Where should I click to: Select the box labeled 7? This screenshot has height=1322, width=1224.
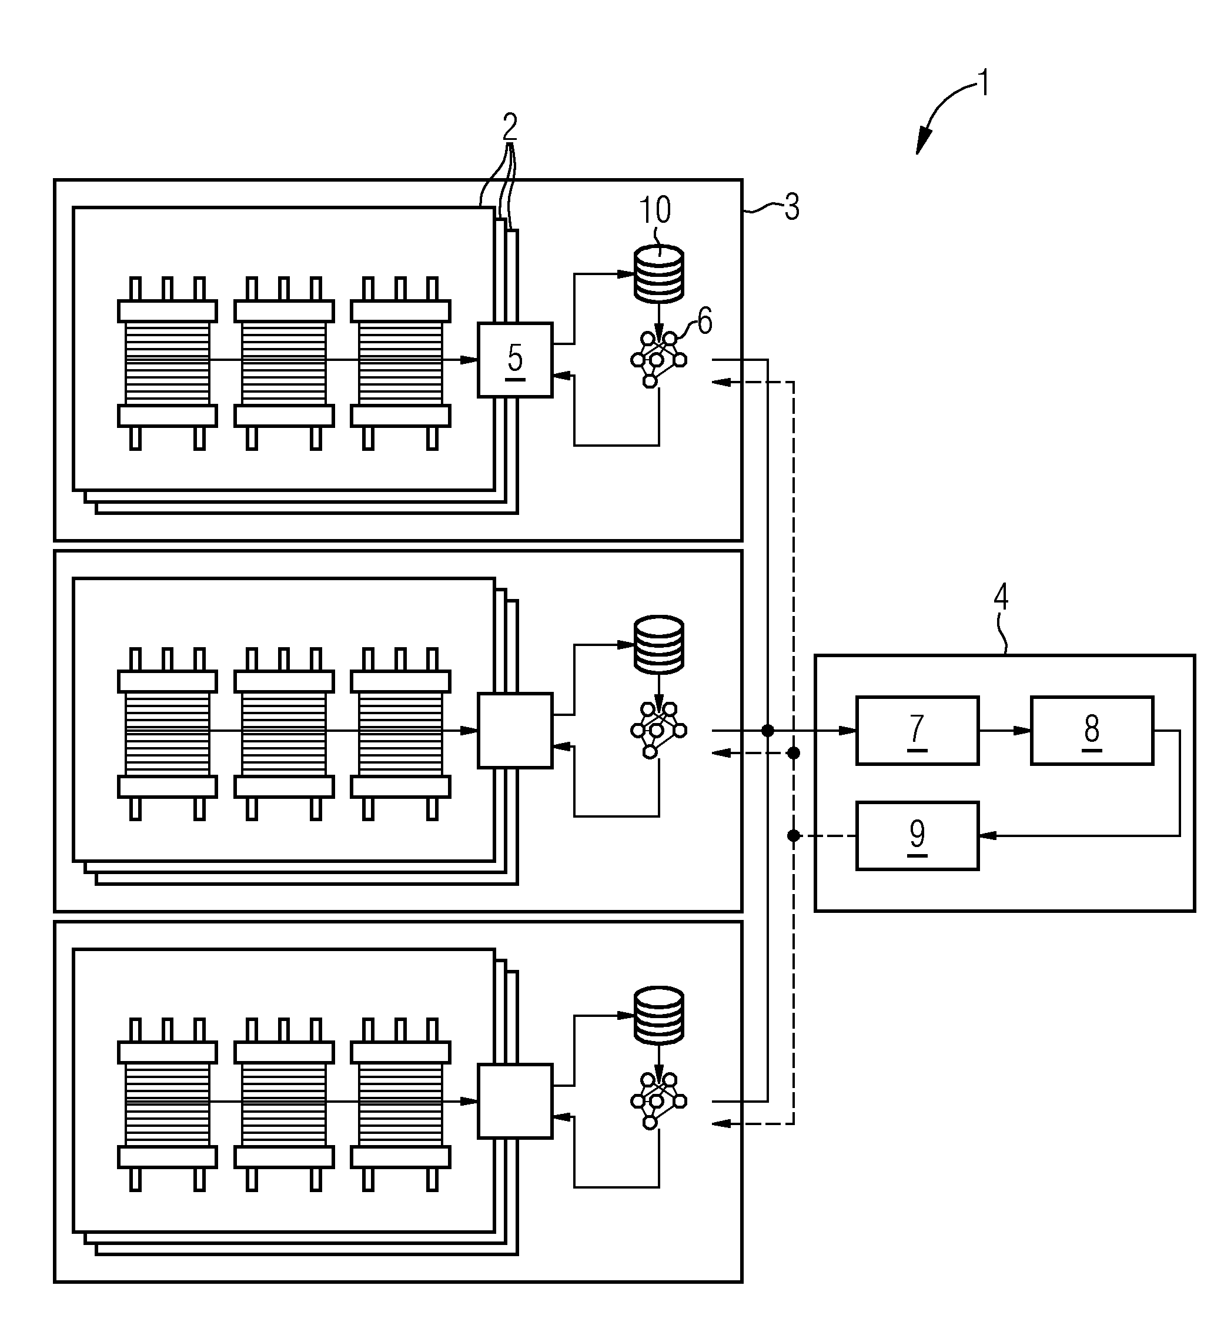pyautogui.click(x=917, y=731)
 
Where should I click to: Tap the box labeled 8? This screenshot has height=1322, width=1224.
pyautogui.click(x=1092, y=731)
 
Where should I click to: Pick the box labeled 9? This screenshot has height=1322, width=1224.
pyautogui.click(x=917, y=835)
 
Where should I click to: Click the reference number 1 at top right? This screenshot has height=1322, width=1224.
pyautogui.click(x=984, y=83)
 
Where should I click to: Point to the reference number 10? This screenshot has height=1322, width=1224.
pyautogui.click(x=655, y=209)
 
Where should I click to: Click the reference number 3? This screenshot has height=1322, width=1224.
pyautogui.click(x=792, y=207)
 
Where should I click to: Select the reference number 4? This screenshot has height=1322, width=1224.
pyautogui.click(x=1001, y=597)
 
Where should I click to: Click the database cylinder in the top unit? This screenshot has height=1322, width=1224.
pyautogui.click(x=659, y=274)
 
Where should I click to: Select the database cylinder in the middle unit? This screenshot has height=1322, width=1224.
pyautogui.click(x=659, y=645)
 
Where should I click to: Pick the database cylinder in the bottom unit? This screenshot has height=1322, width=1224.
pyautogui.click(x=659, y=1016)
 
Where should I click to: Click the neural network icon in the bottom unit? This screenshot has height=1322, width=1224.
pyautogui.click(x=658, y=1101)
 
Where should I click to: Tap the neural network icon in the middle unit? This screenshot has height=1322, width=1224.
pyautogui.click(x=658, y=730)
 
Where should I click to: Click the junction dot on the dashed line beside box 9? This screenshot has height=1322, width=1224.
pyautogui.click(x=794, y=836)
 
